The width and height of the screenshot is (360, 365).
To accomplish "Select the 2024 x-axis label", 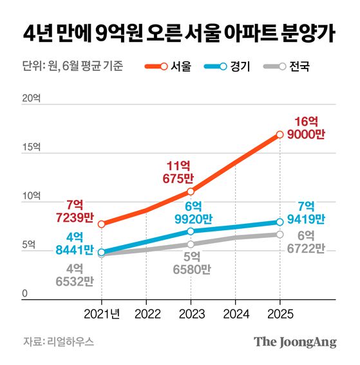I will tap(235, 313).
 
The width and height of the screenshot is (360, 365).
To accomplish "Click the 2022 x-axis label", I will tap(146, 313).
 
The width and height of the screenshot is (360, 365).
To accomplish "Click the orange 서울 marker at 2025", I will tap(279, 135).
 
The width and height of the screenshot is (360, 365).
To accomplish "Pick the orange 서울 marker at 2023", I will tap(191, 192).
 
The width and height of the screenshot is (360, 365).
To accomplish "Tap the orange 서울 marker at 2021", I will tap(102, 224).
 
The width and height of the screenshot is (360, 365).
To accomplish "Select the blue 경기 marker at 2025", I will tap(279, 222).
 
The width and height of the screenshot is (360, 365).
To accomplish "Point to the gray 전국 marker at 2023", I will tap(191, 244).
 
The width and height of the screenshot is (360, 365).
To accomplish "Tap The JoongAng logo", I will tap(295, 342).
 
